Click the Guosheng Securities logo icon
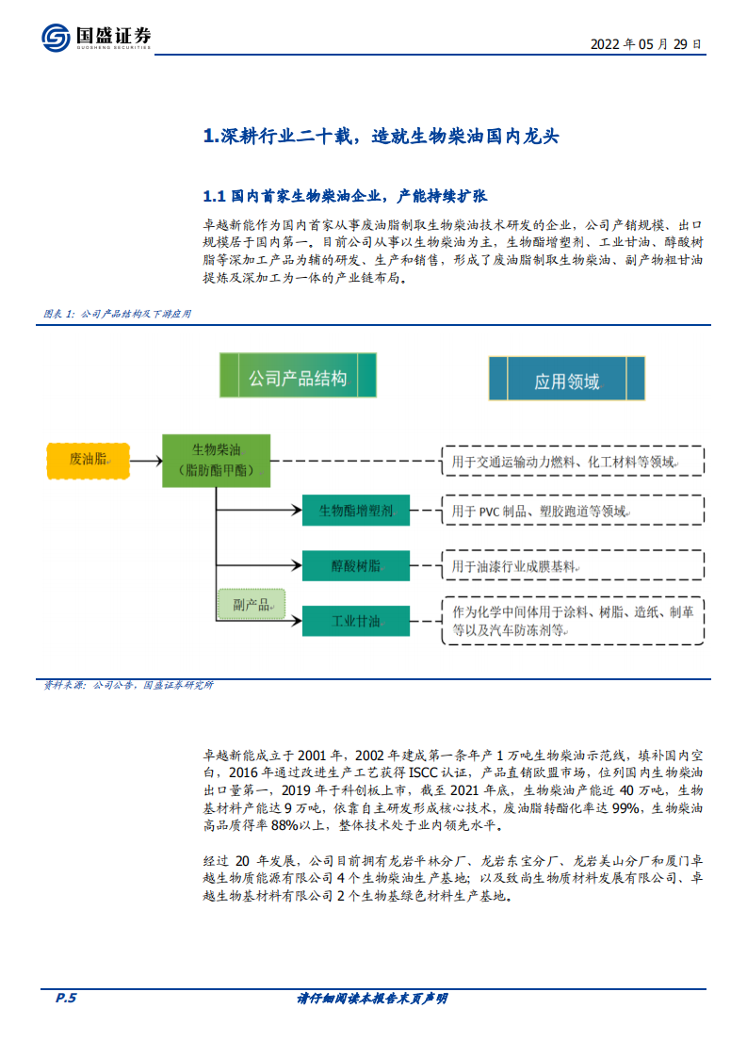click(56, 37)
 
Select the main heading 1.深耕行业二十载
click(382, 137)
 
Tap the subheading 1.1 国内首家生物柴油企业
click(345, 197)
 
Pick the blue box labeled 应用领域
click(566, 380)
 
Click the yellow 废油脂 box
click(88, 459)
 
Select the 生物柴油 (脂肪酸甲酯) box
click(217, 460)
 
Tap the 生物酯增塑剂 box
click(355, 511)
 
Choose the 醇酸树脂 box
click(355, 565)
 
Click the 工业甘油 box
click(355, 621)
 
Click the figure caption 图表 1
click(117, 314)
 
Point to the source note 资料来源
click(128, 685)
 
